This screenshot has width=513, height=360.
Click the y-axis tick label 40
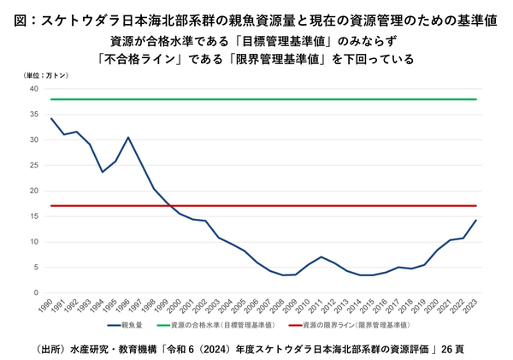[34, 89]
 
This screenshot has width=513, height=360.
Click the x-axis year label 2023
[475, 306]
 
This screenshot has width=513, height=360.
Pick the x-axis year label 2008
[281, 306]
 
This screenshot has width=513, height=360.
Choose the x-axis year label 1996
[127, 306]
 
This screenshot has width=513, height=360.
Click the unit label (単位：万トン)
[45, 76]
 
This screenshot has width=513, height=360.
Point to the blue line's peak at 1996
[128, 138]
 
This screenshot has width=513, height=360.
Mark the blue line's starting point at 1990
[51, 118]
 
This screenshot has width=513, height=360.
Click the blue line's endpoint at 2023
[475, 221]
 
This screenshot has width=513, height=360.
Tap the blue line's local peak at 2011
[321, 257]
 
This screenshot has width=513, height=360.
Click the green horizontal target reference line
[256, 99]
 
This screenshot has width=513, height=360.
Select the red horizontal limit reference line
[256, 206]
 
